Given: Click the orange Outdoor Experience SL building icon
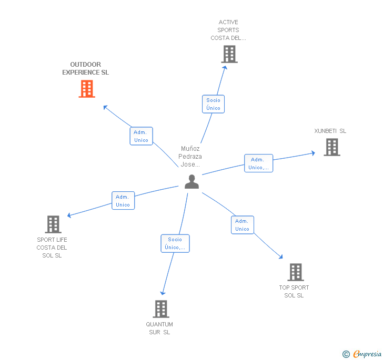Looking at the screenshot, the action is point(87,89).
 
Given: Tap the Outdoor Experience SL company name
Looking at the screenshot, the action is point(86,69).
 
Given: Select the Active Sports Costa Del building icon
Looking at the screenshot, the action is point(229,54).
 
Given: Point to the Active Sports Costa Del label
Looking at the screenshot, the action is point(228,30).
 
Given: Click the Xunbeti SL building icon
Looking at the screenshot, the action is point(332,147).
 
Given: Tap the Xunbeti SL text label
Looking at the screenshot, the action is point(330,131).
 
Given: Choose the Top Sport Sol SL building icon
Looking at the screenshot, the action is point(296,272).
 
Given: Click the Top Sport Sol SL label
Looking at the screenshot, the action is point(294,292).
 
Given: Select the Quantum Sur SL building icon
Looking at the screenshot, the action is point(161,309).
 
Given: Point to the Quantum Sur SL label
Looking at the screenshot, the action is point(159,328).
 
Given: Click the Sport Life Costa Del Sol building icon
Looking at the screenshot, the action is point(53,224).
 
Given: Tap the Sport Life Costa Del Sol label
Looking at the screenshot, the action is point(52,248).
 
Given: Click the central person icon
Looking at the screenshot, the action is point(192,181).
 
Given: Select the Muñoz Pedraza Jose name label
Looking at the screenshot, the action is point(190,157).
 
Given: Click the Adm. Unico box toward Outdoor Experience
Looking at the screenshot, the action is point(141,136).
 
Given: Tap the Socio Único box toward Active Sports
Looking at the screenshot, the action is point(213,104).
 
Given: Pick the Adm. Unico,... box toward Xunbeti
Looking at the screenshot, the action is point(258,163).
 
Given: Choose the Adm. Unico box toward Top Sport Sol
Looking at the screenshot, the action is point(242,225).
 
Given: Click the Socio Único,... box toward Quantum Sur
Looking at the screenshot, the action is point(175,243).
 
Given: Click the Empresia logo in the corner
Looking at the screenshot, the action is point(362,354).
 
